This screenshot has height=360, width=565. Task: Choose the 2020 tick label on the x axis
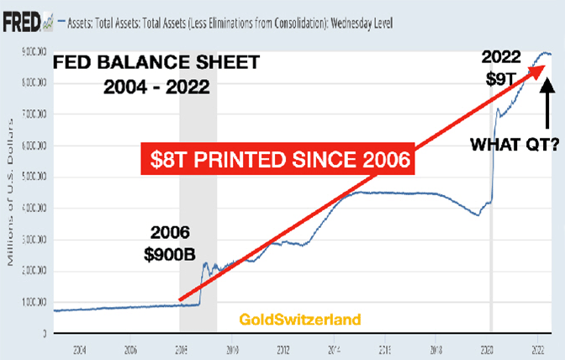click(488, 347)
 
